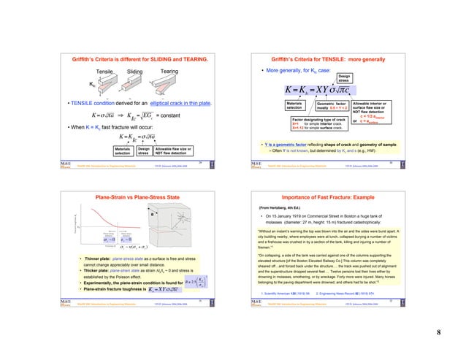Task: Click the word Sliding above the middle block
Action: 136,72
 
